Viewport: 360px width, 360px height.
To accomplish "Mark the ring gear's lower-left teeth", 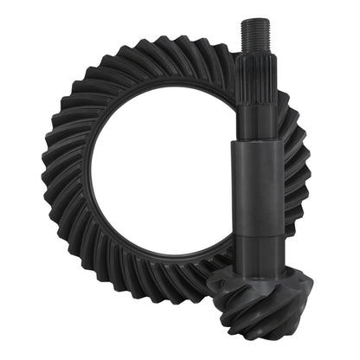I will pyautogui.click(x=82, y=260).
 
